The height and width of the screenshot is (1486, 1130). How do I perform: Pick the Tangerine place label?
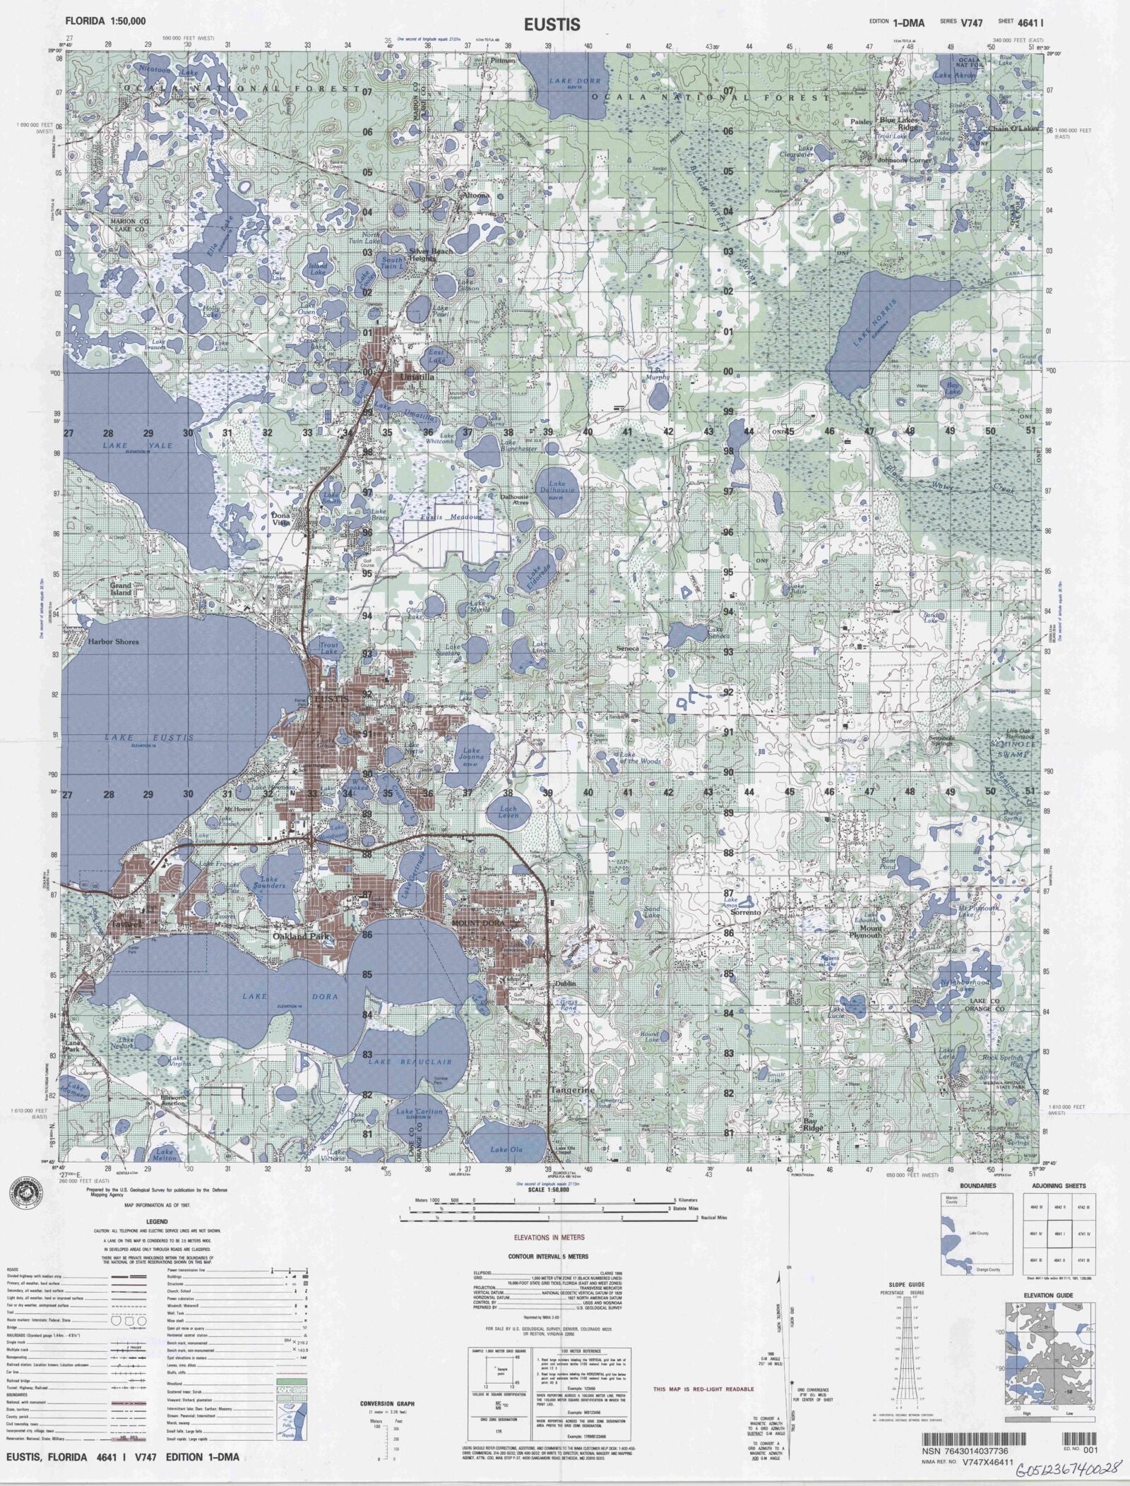pyautogui.click(x=573, y=1110)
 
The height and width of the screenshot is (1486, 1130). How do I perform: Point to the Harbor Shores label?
pyautogui.click(x=113, y=642)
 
